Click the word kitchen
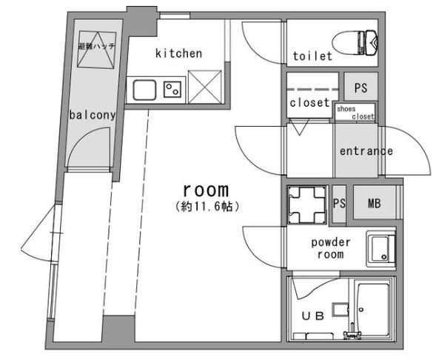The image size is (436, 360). [x=178, y=53]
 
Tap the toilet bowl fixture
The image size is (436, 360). [x=355, y=42]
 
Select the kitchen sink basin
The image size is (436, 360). [x=144, y=90]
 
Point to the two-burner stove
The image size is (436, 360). [x=172, y=90]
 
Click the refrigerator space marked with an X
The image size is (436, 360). [x=205, y=87]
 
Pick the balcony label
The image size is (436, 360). [x=93, y=115]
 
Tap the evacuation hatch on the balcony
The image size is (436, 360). [x=97, y=50]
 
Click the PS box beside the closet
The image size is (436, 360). [x=360, y=87]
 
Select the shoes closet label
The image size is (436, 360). [x=355, y=113]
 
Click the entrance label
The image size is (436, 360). [x=366, y=151]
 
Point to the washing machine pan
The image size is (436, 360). [x=307, y=205]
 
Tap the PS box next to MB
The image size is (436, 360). [x=339, y=204]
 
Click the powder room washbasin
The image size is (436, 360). [x=381, y=249]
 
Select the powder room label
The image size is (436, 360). [x=331, y=248]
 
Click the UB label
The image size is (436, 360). [x=313, y=316]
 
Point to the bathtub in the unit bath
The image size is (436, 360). [x=373, y=310]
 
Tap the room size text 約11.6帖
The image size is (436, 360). [x=207, y=207]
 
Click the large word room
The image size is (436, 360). [x=206, y=190]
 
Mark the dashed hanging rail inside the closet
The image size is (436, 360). [x=312, y=90]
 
